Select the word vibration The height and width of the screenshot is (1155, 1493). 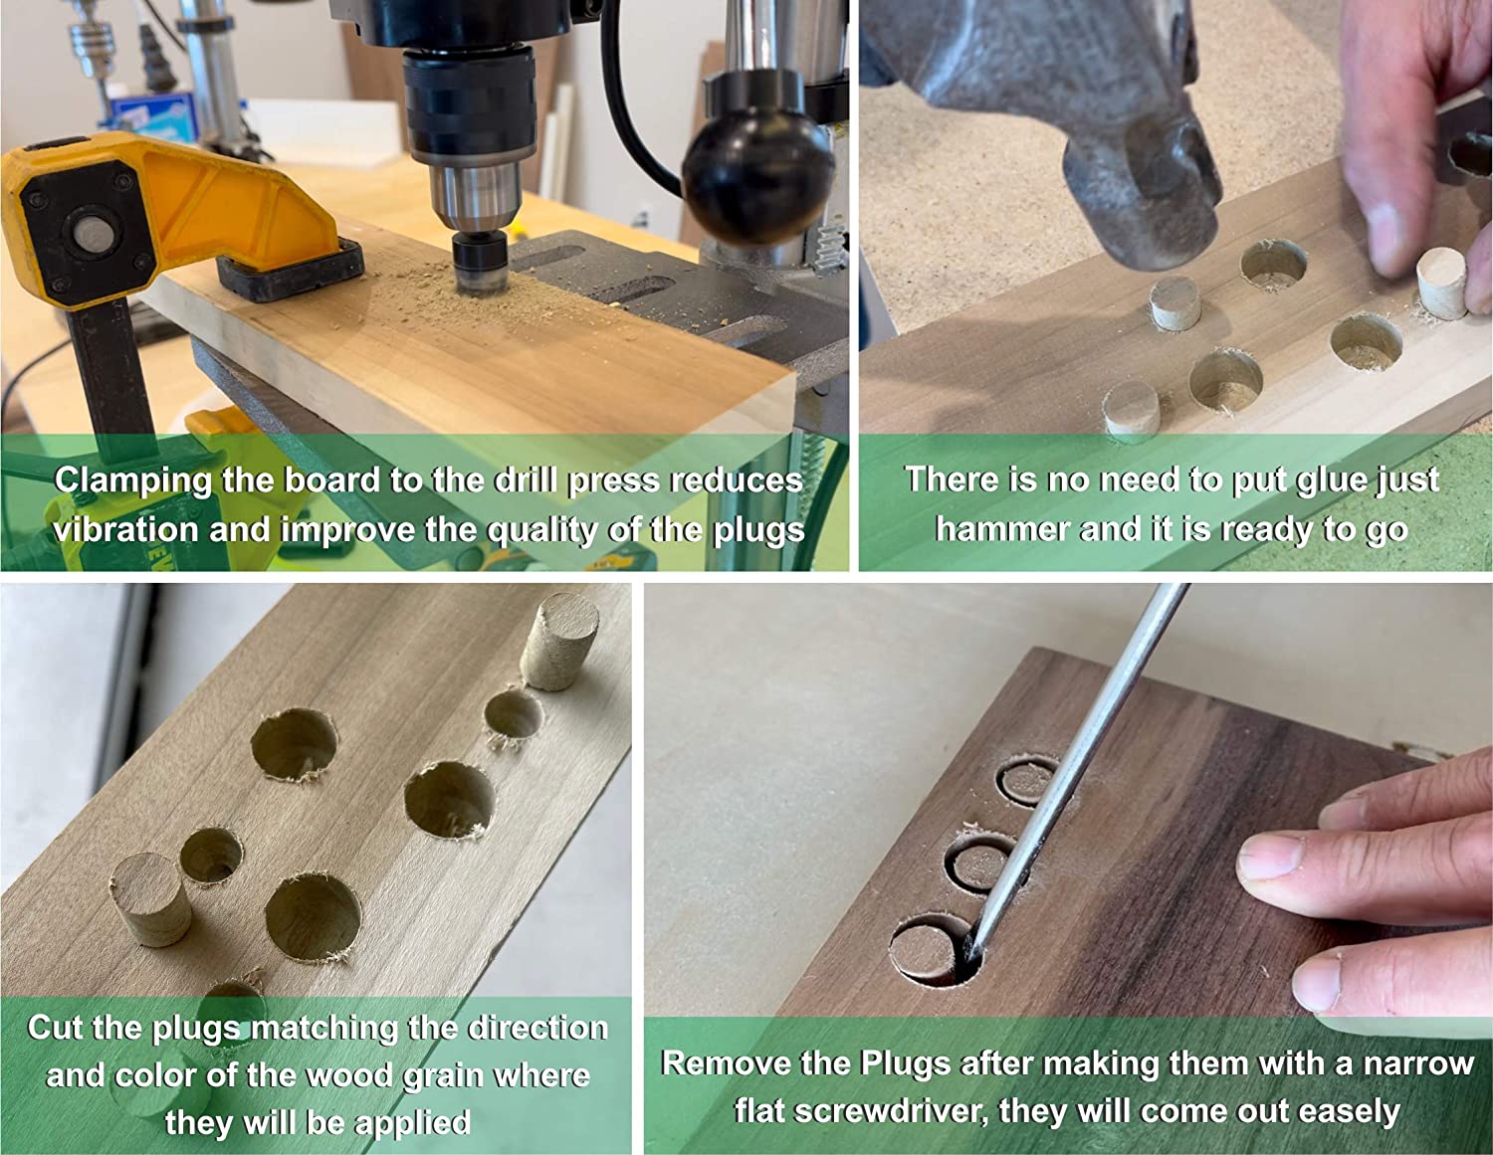(x=125, y=531)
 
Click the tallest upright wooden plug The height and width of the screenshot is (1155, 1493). (x=557, y=642)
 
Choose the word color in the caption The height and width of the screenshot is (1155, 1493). (x=154, y=1075)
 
